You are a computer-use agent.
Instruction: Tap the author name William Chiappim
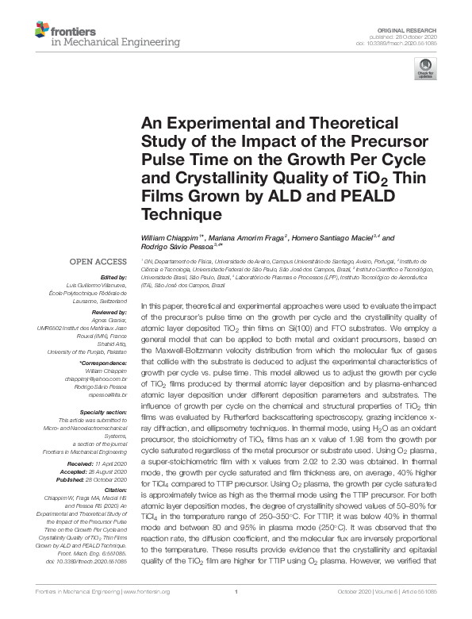click(x=168, y=238)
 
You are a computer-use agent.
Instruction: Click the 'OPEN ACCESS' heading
click(x=100, y=261)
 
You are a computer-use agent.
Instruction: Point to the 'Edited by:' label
click(x=111, y=277)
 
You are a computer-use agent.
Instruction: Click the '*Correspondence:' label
click(x=103, y=362)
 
